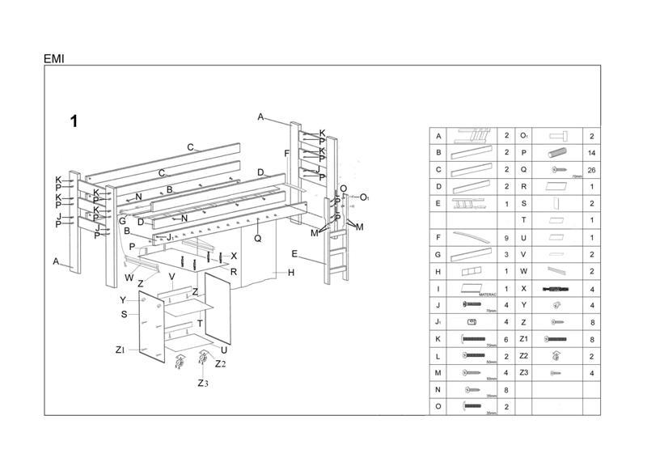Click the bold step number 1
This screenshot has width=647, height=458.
click(74, 121)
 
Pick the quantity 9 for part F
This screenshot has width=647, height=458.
click(507, 238)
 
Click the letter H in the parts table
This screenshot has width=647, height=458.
click(438, 272)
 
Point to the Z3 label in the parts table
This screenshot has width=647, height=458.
click(523, 372)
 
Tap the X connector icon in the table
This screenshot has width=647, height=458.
click(558, 288)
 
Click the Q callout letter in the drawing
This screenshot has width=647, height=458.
click(257, 238)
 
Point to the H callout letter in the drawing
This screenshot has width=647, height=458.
click(290, 273)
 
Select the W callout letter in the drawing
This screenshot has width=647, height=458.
click(129, 278)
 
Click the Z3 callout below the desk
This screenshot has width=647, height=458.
click(203, 383)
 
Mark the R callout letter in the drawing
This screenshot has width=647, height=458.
click(233, 271)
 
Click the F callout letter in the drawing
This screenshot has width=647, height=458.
click(286, 154)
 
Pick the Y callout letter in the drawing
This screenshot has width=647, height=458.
click(123, 300)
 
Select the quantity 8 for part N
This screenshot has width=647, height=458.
click(507, 389)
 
